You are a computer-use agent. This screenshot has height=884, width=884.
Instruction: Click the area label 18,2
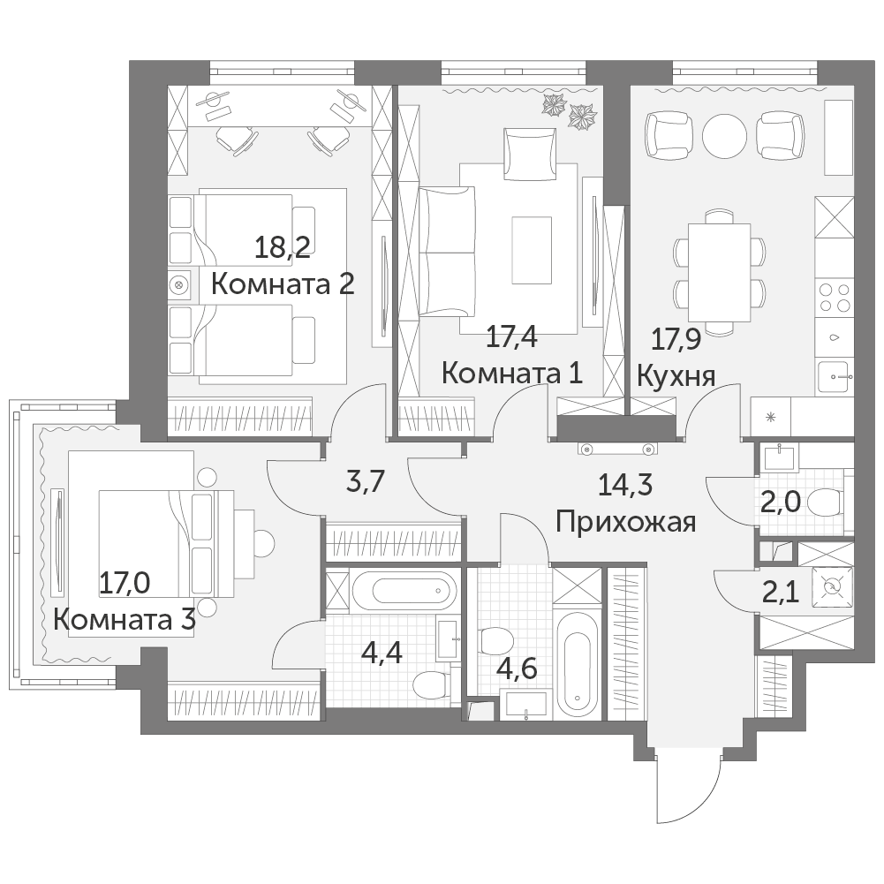pos(283,247)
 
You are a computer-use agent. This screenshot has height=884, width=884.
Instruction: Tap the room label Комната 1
pos(512,373)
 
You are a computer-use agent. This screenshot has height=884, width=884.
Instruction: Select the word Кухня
pos(676,376)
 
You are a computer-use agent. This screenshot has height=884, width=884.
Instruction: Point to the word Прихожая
pos(626,522)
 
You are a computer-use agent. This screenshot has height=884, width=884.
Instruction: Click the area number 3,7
pos(365,482)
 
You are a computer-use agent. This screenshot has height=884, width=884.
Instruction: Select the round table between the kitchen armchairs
pos(724,136)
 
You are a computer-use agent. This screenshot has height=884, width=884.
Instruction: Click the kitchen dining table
pos(720,272)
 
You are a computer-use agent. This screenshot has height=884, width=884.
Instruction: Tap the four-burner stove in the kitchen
pos(835,297)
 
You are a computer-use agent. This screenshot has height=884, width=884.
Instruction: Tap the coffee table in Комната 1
pos(532,250)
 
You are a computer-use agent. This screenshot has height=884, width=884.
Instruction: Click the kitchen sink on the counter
pos(835,376)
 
